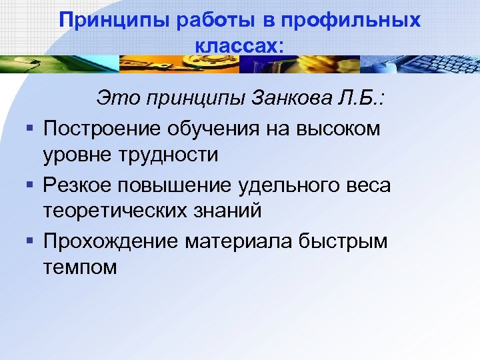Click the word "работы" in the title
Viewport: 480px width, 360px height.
tap(216, 21)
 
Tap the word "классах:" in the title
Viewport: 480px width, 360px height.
tap(240, 45)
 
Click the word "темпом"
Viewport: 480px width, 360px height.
tap(80, 267)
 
